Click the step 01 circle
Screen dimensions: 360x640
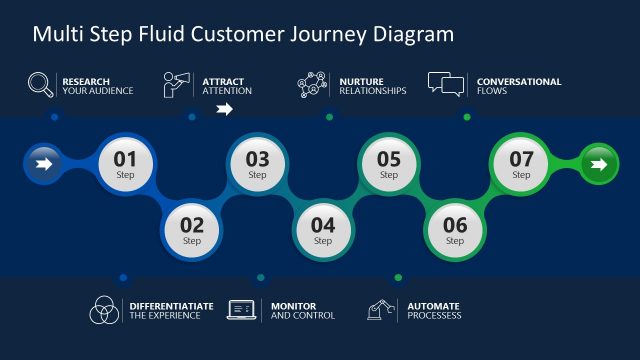coord(125,163)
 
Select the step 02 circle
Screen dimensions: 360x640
coord(192,229)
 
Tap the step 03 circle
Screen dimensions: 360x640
coord(258,163)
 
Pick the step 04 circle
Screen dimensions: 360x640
coord(323,229)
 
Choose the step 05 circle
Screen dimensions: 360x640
coord(389,163)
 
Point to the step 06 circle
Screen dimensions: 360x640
coord(455,229)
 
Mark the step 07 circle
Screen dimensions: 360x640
coord(521,163)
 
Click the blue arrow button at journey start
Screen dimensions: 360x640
coord(43,163)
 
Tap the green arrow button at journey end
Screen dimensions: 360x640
coord(598,163)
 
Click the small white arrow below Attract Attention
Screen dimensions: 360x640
coord(225,110)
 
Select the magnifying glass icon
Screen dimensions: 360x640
coord(41,85)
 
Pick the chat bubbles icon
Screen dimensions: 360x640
coord(446,84)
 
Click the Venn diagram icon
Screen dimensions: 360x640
coord(104,310)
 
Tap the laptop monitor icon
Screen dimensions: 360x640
coord(243,310)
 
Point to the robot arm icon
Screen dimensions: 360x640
coord(380,310)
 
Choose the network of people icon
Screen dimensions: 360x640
coord(312,85)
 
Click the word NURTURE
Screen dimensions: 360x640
coord(362,81)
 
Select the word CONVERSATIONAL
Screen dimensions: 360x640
coord(519,81)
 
